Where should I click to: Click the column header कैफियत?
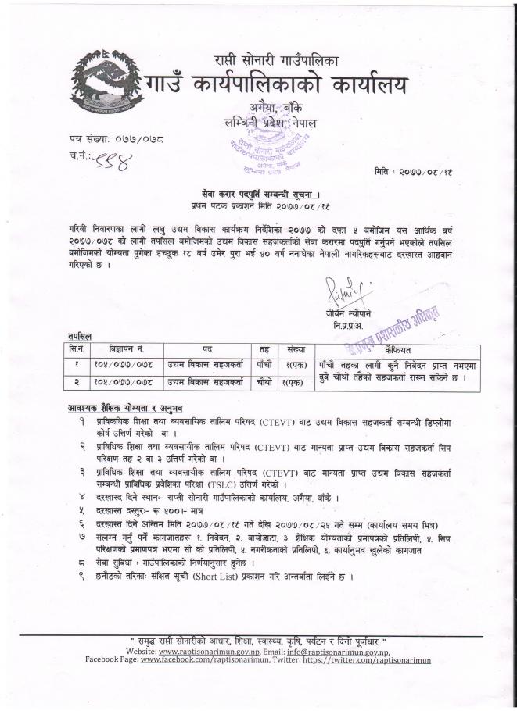(396, 350)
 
